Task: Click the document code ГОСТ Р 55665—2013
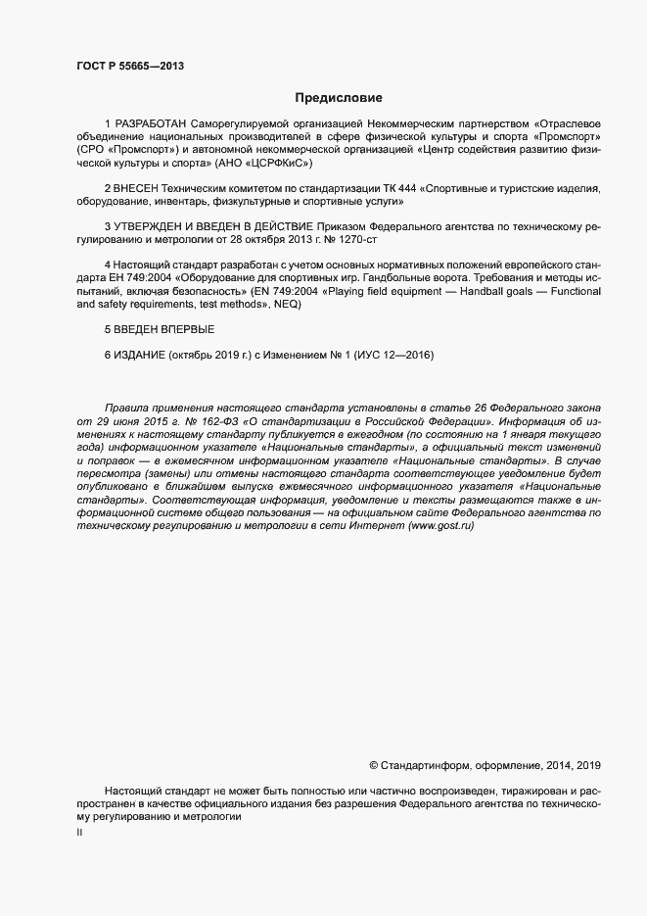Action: click(x=130, y=67)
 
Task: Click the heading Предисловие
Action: click(x=339, y=98)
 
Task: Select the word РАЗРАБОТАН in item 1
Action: click(x=152, y=122)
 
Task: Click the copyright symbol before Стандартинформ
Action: click(x=373, y=765)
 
